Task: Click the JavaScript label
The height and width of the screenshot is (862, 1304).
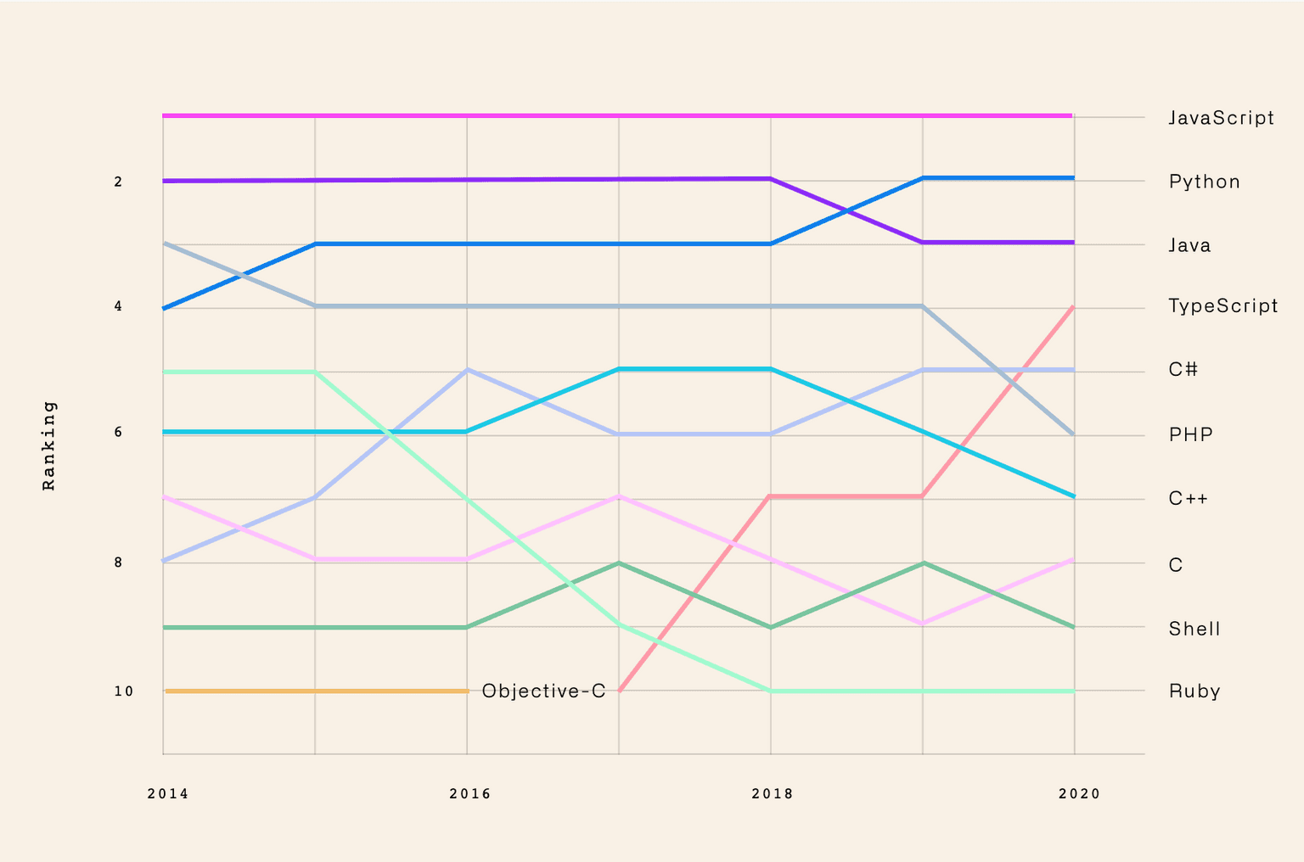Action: coord(1221,118)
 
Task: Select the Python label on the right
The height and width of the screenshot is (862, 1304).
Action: coord(1204,182)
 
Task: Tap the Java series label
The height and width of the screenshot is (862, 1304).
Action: coord(1189,245)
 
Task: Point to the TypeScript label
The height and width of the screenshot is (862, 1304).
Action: coord(1222,306)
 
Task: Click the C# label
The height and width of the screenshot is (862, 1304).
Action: coord(1183,369)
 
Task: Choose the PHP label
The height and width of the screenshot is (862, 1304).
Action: coord(1190,434)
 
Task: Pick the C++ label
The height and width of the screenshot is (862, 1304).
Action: coord(1188,498)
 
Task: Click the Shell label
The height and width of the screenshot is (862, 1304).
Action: coord(1194,629)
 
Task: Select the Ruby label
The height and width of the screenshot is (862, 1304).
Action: coord(1194,691)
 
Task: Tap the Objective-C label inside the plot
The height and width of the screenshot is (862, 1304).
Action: coord(543,691)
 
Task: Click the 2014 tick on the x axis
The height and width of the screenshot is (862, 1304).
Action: coord(167,794)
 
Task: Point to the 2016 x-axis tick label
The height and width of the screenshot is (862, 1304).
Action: coord(469,794)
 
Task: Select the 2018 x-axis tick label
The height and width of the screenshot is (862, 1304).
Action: coord(772,794)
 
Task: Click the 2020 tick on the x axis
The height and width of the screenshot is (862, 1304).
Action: coord(1078,794)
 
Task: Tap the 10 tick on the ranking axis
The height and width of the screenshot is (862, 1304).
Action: coord(124,691)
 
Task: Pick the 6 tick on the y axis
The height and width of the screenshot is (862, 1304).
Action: coord(118,433)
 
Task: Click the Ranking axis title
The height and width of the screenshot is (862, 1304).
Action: coord(49,445)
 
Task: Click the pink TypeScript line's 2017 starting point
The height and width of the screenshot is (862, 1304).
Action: coord(620,691)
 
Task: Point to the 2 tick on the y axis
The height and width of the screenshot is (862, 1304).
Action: coord(118,182)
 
